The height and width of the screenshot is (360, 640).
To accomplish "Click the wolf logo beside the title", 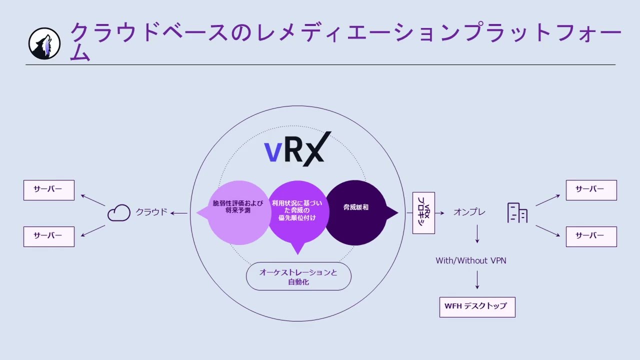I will click(44, 43).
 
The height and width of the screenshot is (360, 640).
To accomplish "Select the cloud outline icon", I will click(119, 213).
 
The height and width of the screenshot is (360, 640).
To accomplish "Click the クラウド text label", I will click(151, 212).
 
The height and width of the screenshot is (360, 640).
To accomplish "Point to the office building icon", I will click(517, 212).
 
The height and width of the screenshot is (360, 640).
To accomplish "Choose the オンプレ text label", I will click(469, 212).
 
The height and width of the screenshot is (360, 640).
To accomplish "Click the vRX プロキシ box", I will click(423, 213).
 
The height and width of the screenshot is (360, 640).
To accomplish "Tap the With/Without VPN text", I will click(470, 260).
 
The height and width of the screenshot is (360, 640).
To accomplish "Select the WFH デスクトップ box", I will click(477, 306).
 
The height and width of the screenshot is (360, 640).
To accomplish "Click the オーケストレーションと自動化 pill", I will click(298, 276).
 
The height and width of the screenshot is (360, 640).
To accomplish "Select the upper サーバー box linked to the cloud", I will click(49, 190).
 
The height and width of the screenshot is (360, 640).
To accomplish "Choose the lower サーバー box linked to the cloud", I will click(49, 236).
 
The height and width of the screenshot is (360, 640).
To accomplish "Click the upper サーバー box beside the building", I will click(591, 190).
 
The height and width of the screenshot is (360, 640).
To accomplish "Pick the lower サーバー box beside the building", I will click(591, 236).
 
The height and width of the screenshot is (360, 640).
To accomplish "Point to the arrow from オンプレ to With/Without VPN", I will click(477, 234).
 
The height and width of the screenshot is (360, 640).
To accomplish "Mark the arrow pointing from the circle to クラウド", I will click(178, 213).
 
